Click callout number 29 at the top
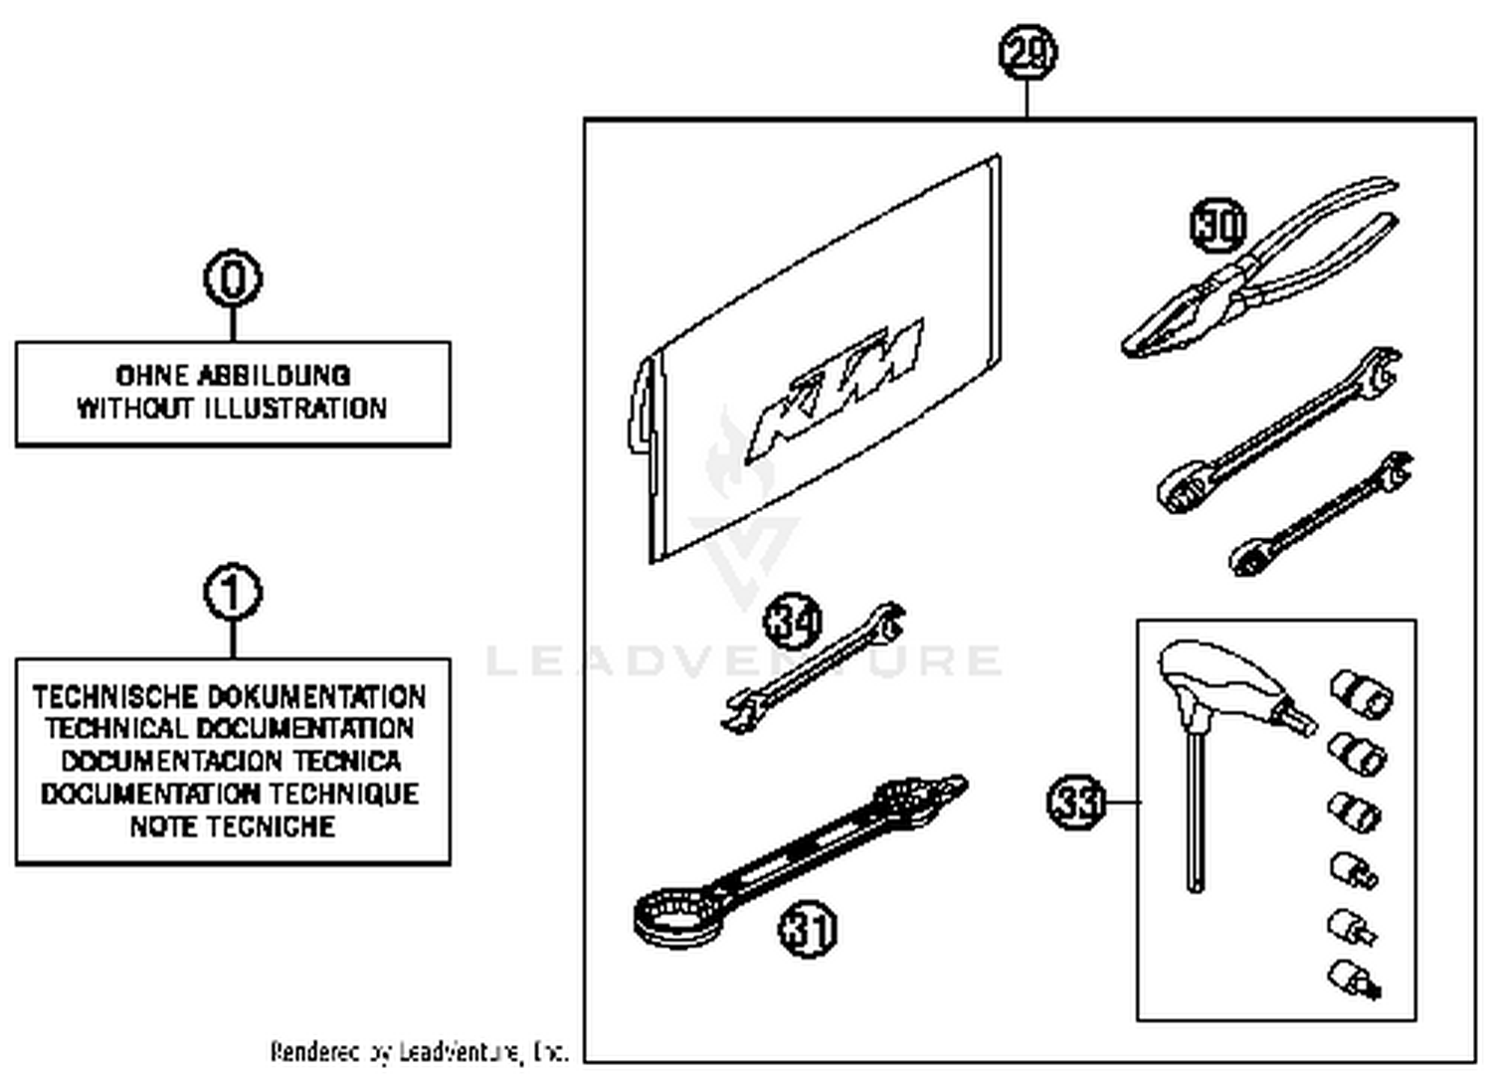point(1027,53)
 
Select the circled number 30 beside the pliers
point(1218,225)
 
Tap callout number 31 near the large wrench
point(808,931)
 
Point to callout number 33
point(1076,802)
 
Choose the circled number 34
point(793,623)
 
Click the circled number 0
point(233,278)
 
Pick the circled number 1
point(233,594)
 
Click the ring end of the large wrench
point(668,915)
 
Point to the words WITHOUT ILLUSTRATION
point(232,409)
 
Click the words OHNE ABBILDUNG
point(233,375)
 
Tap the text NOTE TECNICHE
point(232,826)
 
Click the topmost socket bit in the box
point(1361,692)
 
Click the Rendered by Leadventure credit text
point(419,1051)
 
